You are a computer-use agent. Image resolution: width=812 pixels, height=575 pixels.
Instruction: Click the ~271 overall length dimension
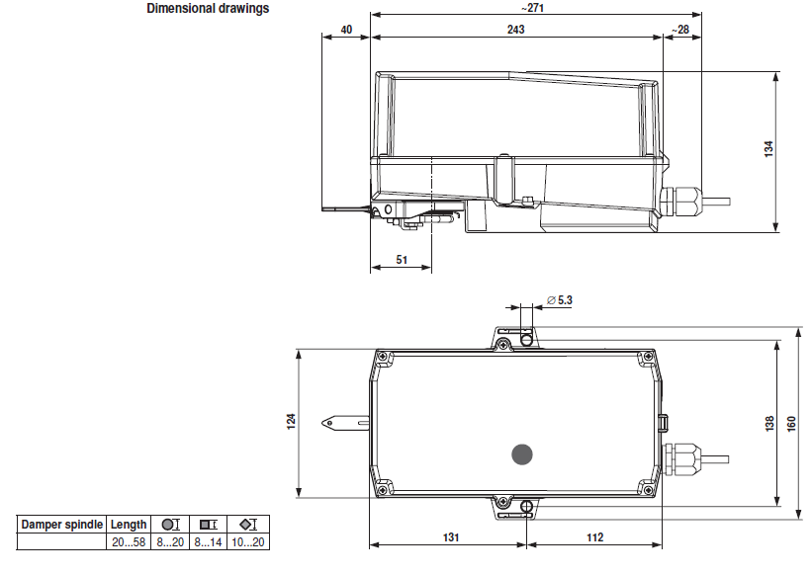532,8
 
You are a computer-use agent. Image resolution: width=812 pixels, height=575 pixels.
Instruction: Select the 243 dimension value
516,30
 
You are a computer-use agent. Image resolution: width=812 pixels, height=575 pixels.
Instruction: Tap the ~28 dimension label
680,30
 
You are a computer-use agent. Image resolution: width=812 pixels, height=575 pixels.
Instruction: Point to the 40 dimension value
346,30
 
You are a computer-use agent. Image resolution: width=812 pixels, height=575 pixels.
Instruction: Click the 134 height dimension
768,149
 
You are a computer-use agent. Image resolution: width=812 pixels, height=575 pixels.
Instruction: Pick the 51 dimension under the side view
402,260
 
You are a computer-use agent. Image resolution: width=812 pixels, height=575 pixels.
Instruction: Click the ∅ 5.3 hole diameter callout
560,300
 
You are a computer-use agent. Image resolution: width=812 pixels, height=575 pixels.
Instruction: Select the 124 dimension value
291,421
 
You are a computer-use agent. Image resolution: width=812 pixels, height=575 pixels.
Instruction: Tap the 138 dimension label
769,423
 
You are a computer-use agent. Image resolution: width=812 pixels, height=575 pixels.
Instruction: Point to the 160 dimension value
791,424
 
